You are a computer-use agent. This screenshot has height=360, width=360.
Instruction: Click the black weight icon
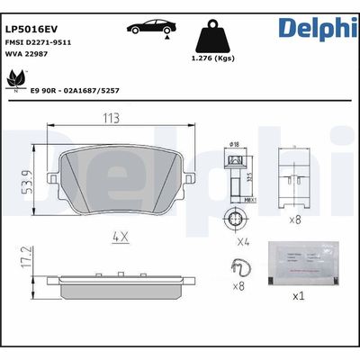click(x=213, y=38)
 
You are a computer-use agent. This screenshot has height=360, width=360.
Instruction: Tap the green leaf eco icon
click(x=16, y=81)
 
